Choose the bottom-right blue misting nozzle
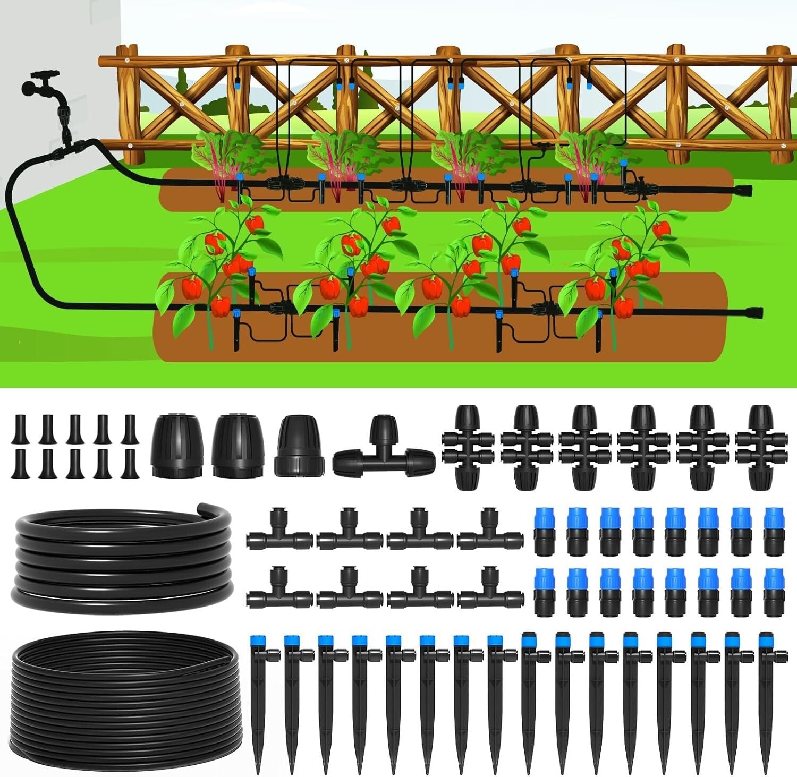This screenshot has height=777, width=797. click(774, 592)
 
